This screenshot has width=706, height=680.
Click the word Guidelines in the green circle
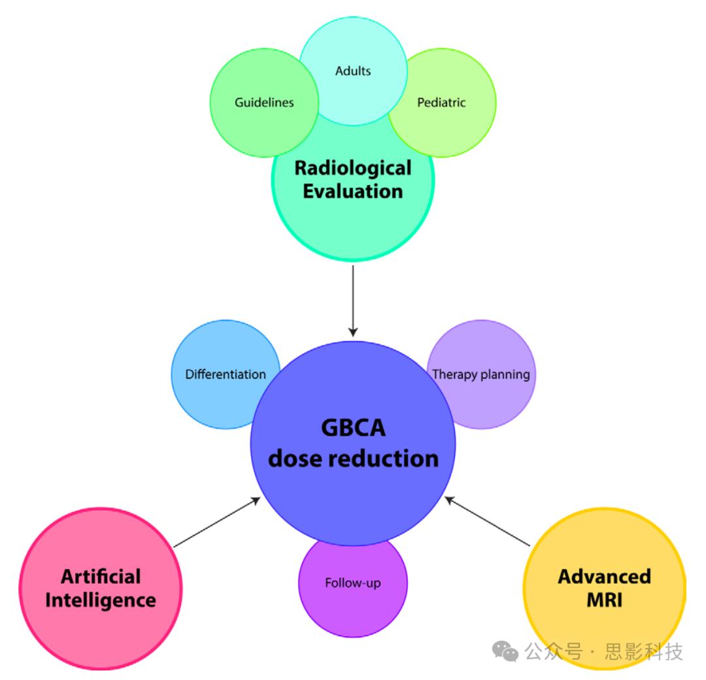(x=264, y=103)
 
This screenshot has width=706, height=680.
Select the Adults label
(x=353, y=71)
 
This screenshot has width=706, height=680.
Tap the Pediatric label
(x=441, y=103)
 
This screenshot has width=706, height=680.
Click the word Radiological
(x=353, y=168)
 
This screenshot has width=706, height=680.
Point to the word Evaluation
(x=353, y=191)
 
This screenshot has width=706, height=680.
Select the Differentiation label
(x=226, y=375)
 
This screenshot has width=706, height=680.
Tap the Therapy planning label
(x=481, y=375)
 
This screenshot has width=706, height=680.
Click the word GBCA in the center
(x=353, y=429)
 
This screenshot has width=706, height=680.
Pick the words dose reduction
(x=353, y=459)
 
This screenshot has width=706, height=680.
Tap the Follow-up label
(x=353, y=583)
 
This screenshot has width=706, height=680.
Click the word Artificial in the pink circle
(x=101, y=577)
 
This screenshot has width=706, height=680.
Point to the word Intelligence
(x=101, y=600)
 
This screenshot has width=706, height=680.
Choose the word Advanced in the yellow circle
(x=605, y=577)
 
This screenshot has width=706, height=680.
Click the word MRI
(x=605, y=600)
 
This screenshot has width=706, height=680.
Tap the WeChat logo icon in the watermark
(x=505, y=651)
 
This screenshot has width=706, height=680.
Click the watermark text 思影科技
(x=644, y=651)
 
